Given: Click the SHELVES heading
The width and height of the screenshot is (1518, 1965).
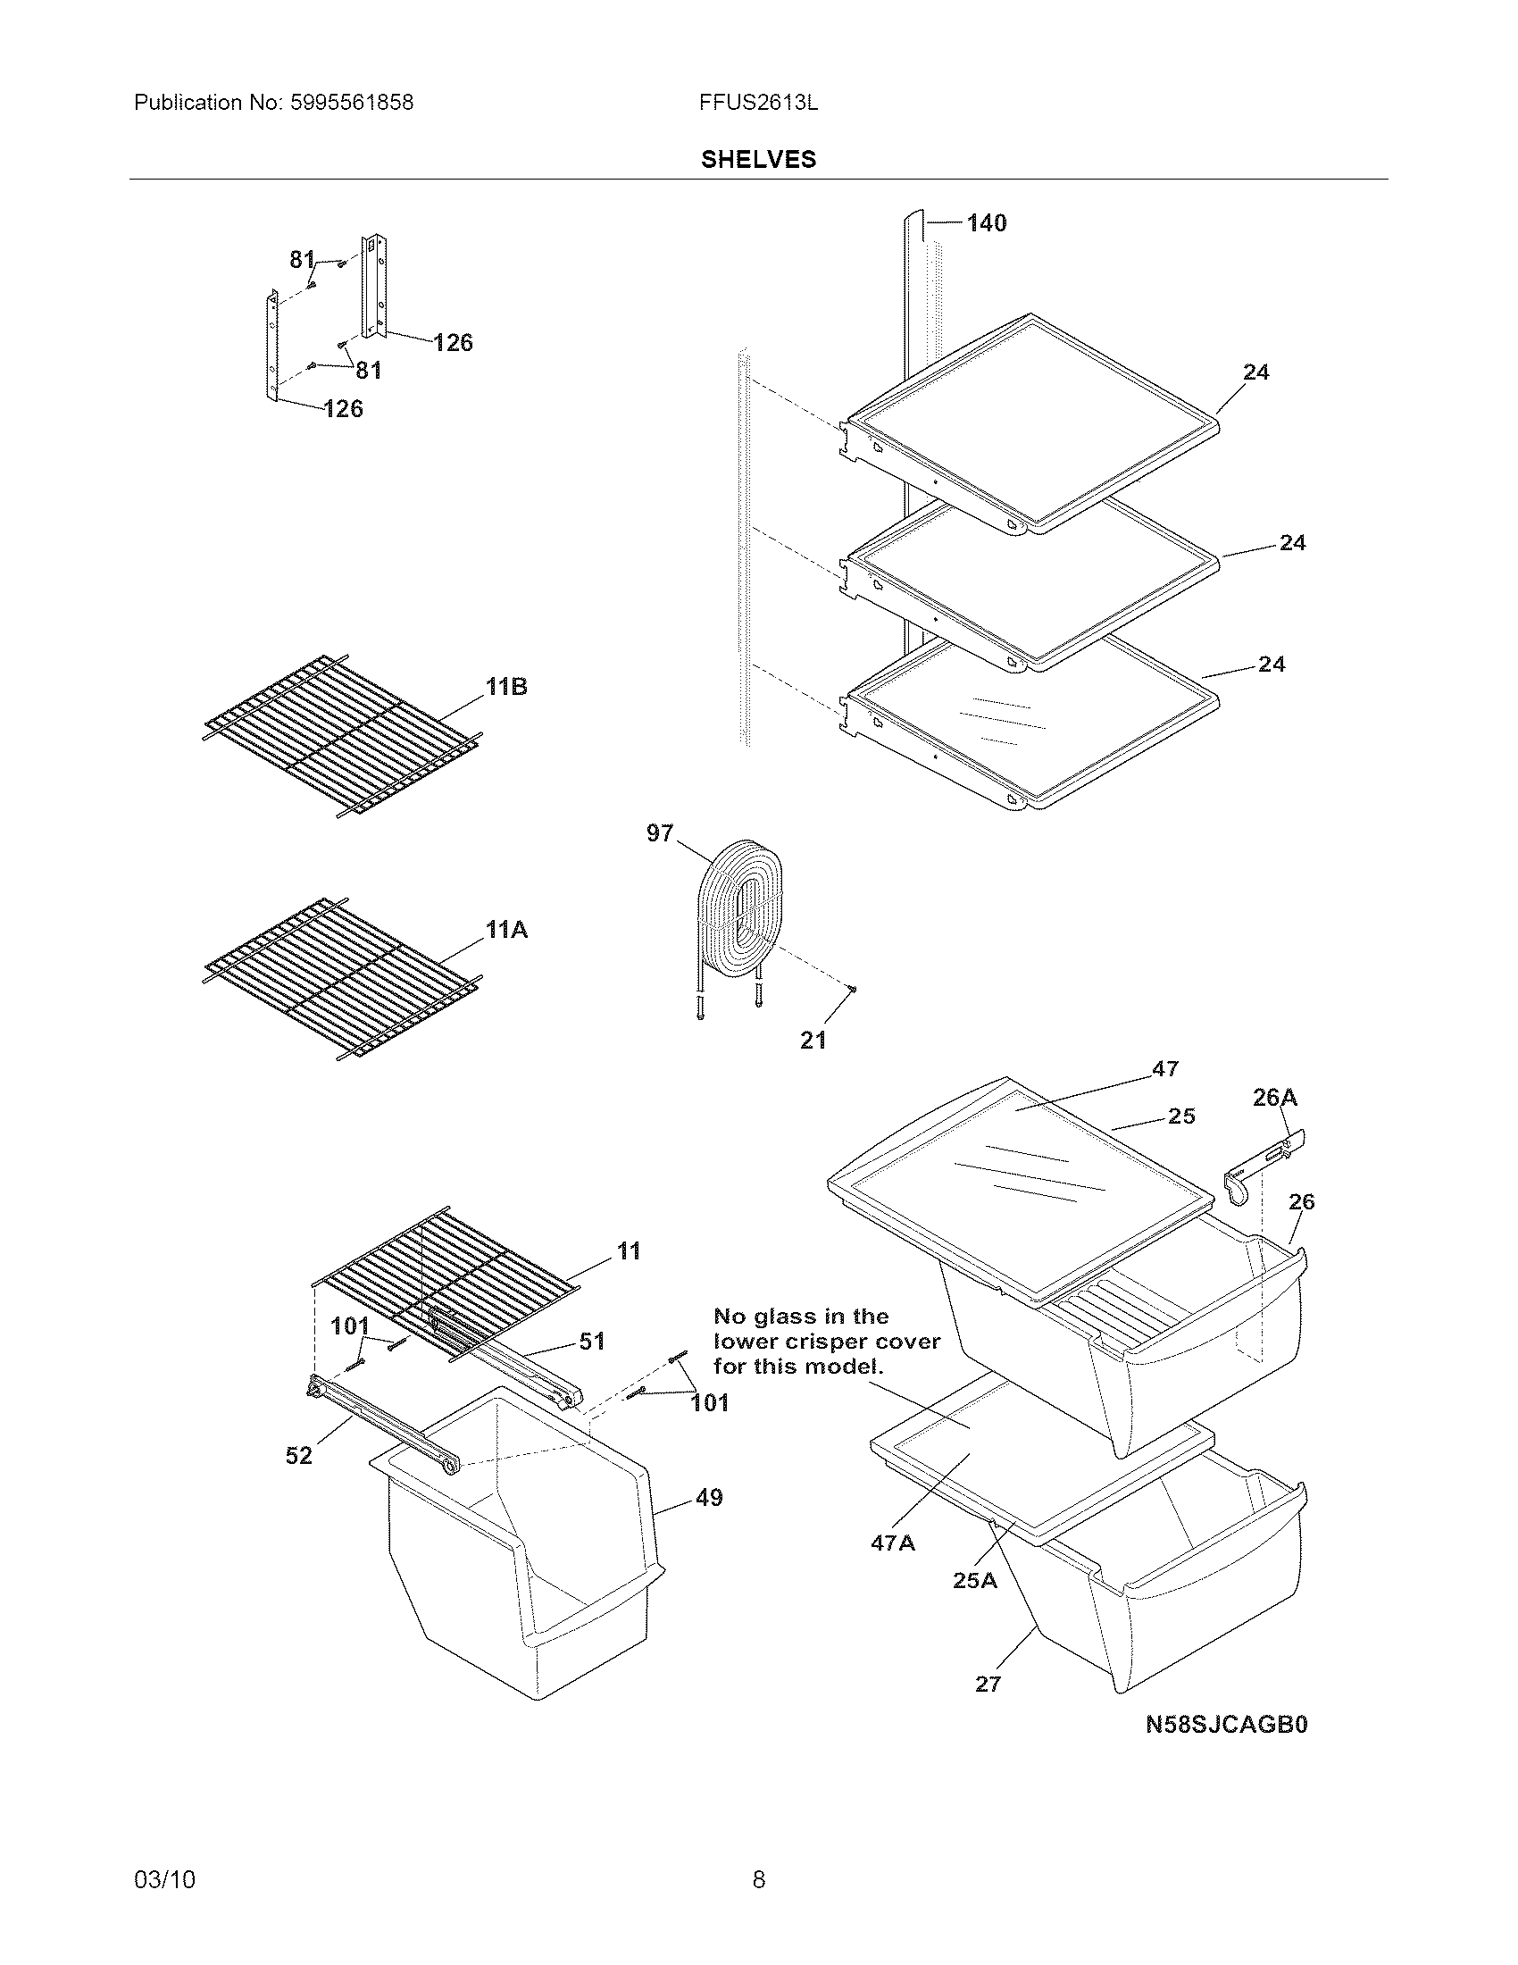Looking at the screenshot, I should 758,159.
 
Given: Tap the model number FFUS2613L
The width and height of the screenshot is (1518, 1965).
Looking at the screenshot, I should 758,103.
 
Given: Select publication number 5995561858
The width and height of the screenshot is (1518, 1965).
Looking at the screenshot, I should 352,103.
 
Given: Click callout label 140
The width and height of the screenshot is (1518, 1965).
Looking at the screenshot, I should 987,223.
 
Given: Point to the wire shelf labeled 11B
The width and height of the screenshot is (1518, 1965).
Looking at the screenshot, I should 342,733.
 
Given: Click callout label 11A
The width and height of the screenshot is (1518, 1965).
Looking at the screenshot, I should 506,930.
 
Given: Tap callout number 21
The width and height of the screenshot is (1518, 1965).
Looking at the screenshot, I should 813,1040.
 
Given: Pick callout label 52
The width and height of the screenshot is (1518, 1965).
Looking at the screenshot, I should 298,1455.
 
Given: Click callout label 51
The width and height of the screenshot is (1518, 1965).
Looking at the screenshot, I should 592,1342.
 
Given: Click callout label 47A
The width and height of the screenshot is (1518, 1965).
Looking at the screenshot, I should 892,1543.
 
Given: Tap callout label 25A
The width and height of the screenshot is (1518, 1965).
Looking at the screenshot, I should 975,1580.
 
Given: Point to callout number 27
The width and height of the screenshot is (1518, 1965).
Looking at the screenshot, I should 988,1685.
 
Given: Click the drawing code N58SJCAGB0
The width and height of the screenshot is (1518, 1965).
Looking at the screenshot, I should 1227,1725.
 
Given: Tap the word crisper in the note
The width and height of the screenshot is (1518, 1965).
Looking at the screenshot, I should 827,1342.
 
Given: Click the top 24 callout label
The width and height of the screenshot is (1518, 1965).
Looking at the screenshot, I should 1255,372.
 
